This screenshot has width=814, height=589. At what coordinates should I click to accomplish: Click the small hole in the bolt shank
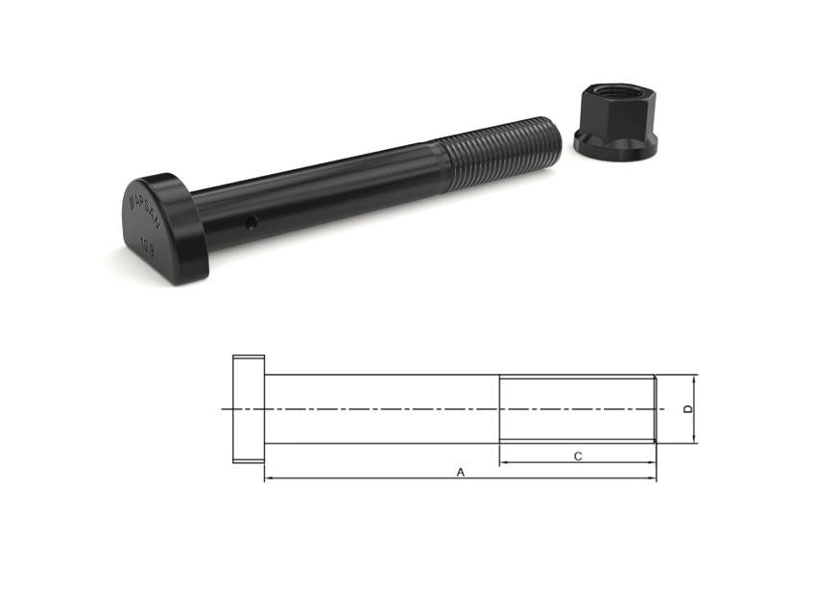coord(251,223)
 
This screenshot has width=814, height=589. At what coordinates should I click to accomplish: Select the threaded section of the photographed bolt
coord(497,151)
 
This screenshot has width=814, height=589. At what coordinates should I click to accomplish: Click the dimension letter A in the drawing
coord(461,472)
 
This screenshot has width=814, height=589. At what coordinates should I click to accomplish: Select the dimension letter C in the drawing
coord(578,456)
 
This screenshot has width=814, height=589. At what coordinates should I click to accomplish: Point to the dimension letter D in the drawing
coord(687,409)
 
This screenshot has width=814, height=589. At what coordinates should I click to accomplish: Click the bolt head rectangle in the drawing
coord(248,409)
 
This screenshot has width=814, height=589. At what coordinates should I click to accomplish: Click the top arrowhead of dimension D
coord(695,379)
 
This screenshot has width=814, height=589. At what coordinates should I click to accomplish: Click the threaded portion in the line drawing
coord(576,409)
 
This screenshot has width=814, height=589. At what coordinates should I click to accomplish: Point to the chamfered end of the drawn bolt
coord(655,409)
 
